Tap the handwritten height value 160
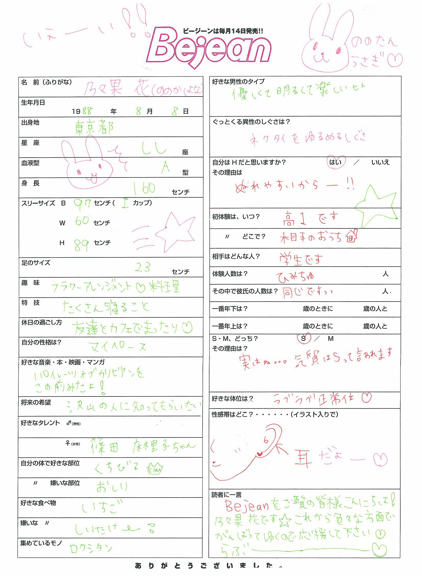(x=144, y=189)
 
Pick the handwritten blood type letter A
(x=166, y=167)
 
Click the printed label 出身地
(x=30, y=123)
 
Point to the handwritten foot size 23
(x=143, y=267)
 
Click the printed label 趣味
(x=30, y=283)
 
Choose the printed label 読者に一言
(x=226, y=495)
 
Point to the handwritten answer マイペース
(x=118, y=347)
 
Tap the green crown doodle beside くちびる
(x=155, y=469)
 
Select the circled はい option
(x=336, y=162)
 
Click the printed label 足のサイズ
(x=36, y=263)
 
